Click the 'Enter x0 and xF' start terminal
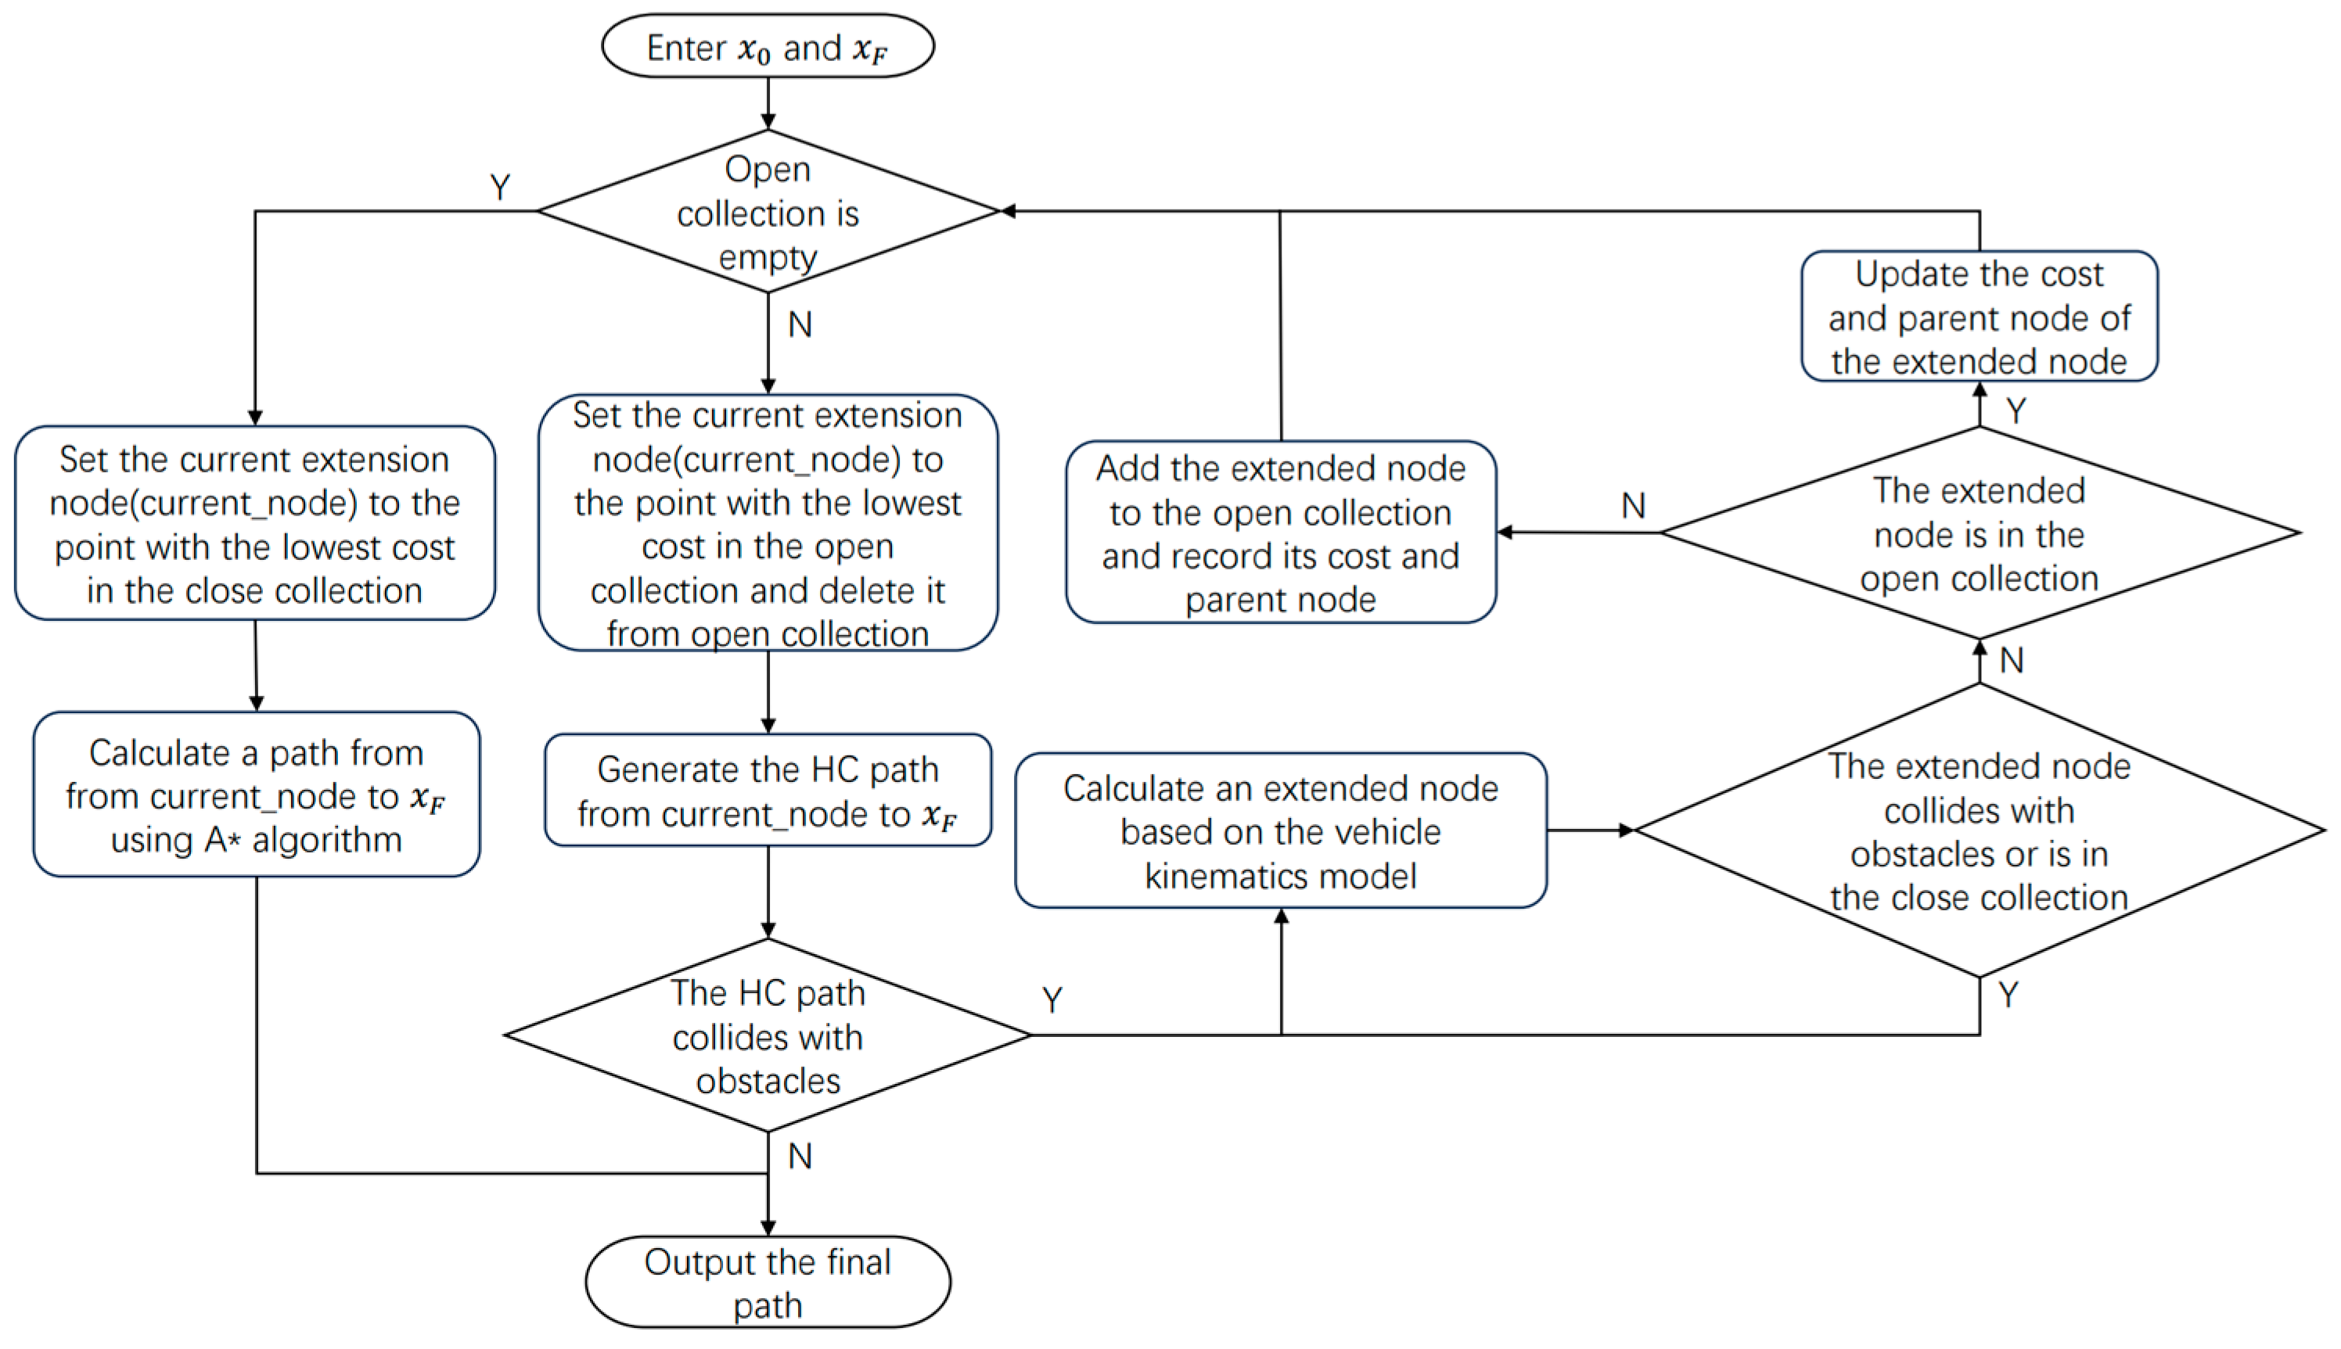coord(768,46)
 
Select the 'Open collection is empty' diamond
coord(768,212)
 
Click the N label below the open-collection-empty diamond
coord(800,325)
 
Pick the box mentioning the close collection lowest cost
coord(255,523)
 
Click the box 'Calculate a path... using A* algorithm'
coord(257,795)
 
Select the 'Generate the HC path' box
coord(768,791)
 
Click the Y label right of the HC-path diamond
coord(1052,999)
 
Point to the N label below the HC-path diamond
coord(800,1157)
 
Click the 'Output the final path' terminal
coord(768,1283)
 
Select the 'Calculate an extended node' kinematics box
coord(1281,831)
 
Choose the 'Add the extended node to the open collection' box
coord(1281,533)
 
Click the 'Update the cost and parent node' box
coord(1979,317)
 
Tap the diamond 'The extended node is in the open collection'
coord(1979,533)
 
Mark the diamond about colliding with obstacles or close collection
coord(1979,831)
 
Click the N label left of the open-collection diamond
coord(1634,506)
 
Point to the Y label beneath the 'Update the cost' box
coord(2016,411)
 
